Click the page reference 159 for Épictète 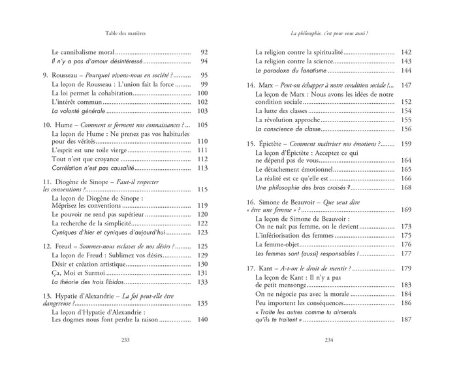(x=405, y=143)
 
